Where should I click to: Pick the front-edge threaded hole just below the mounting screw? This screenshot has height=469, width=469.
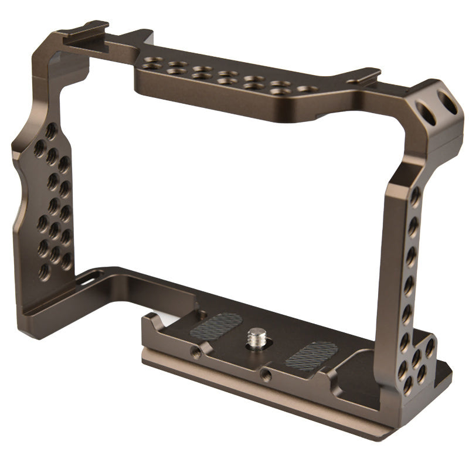tap(266, 373)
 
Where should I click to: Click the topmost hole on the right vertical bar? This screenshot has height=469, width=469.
tap(414, 194)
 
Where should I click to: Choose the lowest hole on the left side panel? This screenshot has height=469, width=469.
tap(43, 271)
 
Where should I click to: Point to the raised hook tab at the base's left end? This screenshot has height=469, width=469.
tap(151, 320)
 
